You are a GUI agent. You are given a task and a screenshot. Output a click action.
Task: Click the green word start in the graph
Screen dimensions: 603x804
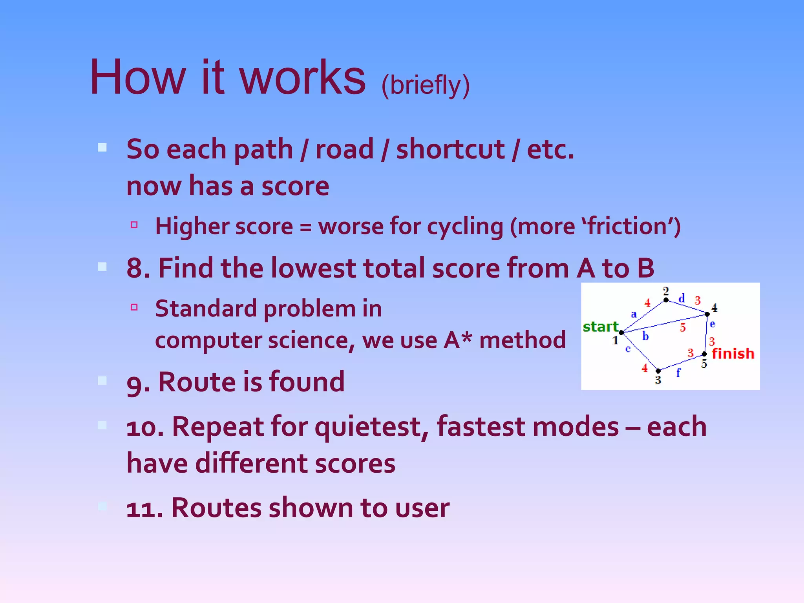600,327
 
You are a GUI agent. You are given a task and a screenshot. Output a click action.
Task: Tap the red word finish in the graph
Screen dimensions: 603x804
733,354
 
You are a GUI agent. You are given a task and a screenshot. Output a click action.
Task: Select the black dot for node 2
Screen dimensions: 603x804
666,300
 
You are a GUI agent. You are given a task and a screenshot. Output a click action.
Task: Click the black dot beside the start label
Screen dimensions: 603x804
621,333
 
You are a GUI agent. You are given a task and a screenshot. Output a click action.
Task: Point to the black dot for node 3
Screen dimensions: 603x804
658,371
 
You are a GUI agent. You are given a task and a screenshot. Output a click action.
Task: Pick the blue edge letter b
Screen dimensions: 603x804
645,336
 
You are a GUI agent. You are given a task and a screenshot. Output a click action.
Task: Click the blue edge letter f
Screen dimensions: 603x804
678,373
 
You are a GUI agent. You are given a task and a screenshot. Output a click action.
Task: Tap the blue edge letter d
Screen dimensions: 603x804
682,298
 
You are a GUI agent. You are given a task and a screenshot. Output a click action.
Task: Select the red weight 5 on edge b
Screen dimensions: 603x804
683,327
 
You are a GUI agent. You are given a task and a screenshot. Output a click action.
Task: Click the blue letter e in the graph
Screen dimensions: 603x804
713,324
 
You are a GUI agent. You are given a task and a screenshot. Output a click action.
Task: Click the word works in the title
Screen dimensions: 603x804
302,77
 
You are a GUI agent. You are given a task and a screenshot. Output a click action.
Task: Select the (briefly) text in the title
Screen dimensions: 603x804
425,85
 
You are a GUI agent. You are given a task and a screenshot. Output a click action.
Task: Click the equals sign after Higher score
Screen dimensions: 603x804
305,227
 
